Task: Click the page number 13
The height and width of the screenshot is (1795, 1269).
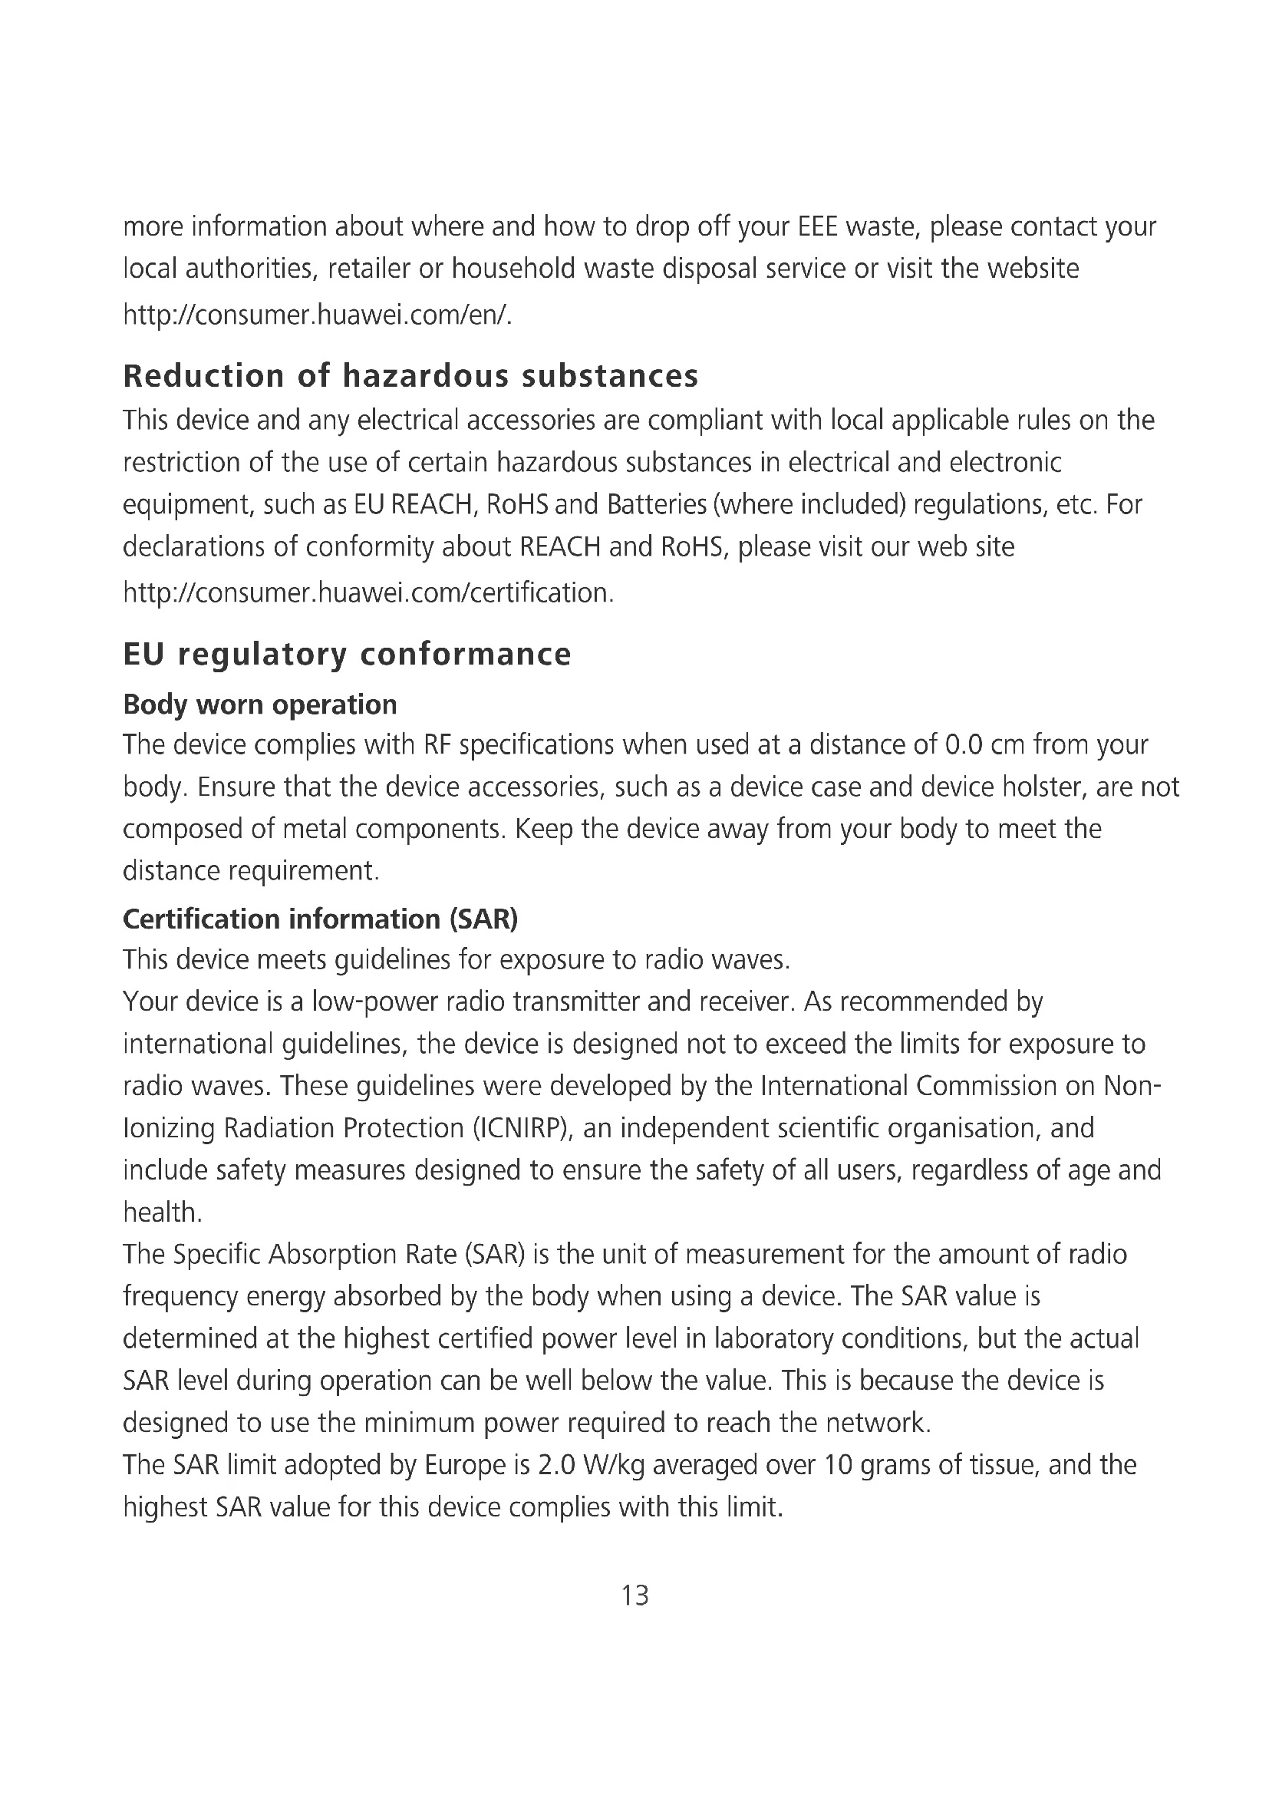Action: coord(634,1595)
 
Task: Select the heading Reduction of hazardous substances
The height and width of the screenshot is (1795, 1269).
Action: coord(410,376)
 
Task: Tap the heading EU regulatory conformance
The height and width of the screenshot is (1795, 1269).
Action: coord(347,654)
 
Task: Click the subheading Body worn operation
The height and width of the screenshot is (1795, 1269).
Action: coord(260,704)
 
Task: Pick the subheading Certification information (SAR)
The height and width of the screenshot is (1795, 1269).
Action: coord(321,919)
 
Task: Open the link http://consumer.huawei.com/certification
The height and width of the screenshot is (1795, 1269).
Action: coord(368,592)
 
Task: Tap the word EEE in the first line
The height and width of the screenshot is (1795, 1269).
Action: coord(817,226)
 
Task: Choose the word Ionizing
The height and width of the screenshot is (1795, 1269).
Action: coord(169,1128)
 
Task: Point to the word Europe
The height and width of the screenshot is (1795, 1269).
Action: coord(465,1464)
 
